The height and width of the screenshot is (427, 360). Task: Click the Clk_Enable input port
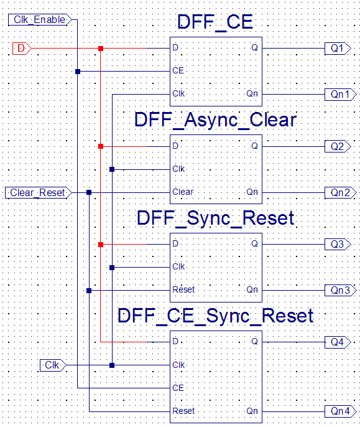click(x=40, y=20)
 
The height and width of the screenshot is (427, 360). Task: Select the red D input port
click(x=22, y=49)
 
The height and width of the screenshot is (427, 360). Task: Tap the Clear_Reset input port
click(x=39, y=193)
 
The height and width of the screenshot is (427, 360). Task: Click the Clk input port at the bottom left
click(x=53, y=365)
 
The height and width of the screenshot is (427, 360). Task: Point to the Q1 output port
click(x=338, y=49)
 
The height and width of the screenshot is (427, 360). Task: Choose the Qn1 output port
click(x=340, y=95)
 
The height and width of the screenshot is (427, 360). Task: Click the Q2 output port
click(x=338, y=146)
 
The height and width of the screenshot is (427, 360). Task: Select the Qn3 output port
click(x=340, y=290)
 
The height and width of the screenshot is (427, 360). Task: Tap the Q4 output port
click(x=338, y=342)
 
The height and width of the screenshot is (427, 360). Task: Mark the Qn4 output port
click(x=340, y=411)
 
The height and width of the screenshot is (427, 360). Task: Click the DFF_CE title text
click(x=215, y=22)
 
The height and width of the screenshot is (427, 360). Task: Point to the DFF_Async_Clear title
click(x=216, y=120)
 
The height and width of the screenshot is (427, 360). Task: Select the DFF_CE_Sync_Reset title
click(x=216, y=316)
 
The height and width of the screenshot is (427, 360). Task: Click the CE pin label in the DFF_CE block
click(x=178, y=70)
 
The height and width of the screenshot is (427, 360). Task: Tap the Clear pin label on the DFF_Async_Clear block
click(x=183, y=192)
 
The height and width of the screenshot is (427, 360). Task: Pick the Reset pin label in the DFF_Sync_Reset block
click(x=183, y=289)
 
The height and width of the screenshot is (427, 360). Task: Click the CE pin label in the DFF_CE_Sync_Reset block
click(x=178, y=388)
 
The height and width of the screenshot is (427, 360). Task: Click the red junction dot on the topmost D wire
click(x=101, y=49)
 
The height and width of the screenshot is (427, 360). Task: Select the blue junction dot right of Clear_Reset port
click(x=89, y=192)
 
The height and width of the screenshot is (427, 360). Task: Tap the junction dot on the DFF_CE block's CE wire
click(x=78, y=72)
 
